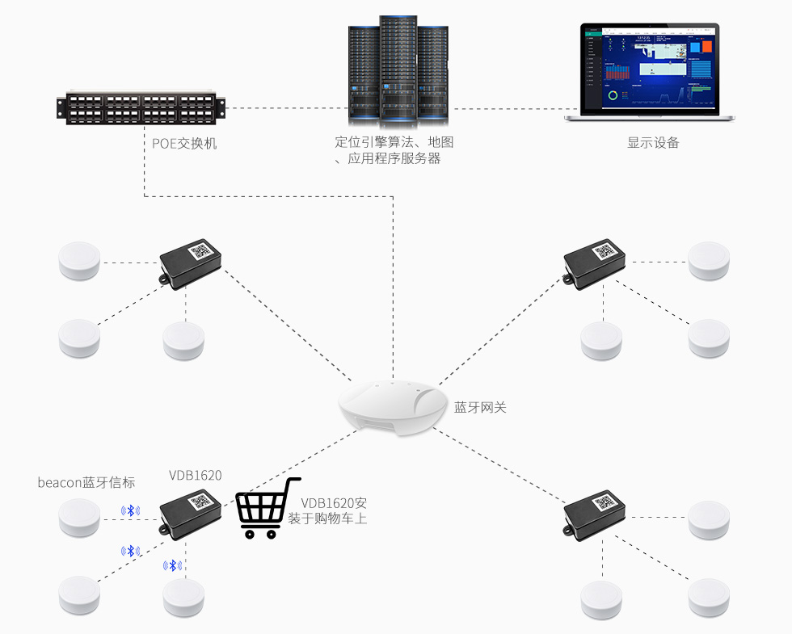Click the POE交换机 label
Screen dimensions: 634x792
click(185, 144)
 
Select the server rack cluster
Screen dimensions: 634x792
click(398, 73)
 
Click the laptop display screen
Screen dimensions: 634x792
click(650, 66)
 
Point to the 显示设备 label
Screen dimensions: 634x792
click(653, 143)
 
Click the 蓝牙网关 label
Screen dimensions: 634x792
click(480, 407)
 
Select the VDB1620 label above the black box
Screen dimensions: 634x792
click(195, 475)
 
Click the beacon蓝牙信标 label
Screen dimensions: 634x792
click(86, 482)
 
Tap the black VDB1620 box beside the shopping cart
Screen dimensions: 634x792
click(191, 512)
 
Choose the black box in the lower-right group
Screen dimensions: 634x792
click(595, 511)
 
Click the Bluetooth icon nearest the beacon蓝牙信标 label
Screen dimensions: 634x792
click(130, 510)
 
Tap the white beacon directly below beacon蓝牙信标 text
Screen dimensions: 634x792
click(79, 517)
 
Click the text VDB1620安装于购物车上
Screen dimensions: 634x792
click(328, 510)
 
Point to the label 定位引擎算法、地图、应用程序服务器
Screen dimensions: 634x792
click(394, 150)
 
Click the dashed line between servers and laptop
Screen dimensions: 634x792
click(509, 107)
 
